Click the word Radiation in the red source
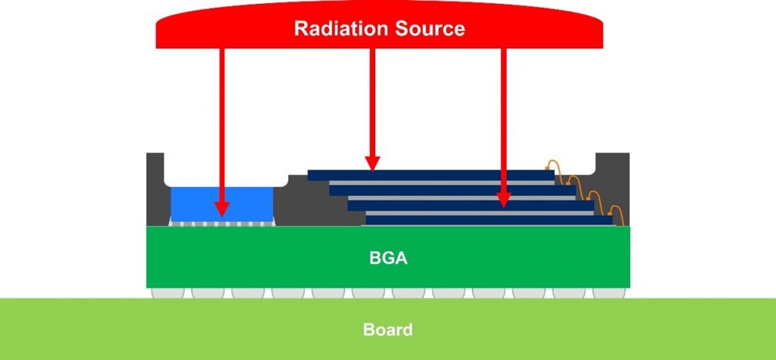point(339,30)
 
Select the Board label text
point(387,330)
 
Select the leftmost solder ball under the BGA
point(167,293)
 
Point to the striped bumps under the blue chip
point(221,224)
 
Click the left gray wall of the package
point(155,189)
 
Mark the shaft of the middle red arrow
point(372,99)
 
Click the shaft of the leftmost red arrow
point(221,114)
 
